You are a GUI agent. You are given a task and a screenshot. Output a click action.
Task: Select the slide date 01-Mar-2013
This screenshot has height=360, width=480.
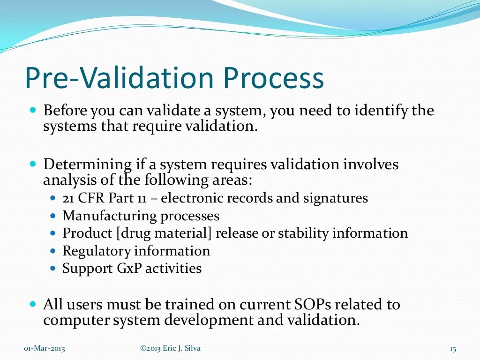[x=45, y=348]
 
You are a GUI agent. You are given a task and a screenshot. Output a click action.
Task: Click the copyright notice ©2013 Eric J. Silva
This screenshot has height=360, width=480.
[x=170, y=348]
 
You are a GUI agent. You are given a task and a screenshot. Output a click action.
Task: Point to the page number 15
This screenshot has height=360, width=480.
[x=452, y=348]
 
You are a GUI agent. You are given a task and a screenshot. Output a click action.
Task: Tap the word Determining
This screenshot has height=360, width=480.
[x=87, y=165]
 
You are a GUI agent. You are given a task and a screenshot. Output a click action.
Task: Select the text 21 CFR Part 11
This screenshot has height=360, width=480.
[x=105, y=198]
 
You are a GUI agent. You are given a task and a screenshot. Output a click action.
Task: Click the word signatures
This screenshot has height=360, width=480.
[x=335, y=198]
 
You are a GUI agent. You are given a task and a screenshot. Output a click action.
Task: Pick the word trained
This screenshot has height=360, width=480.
[x=193, y=305]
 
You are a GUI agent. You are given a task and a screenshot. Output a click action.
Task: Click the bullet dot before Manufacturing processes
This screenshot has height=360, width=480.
[x=53, y=216]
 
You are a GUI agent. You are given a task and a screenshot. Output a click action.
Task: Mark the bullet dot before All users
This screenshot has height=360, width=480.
[x=33, y=304]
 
